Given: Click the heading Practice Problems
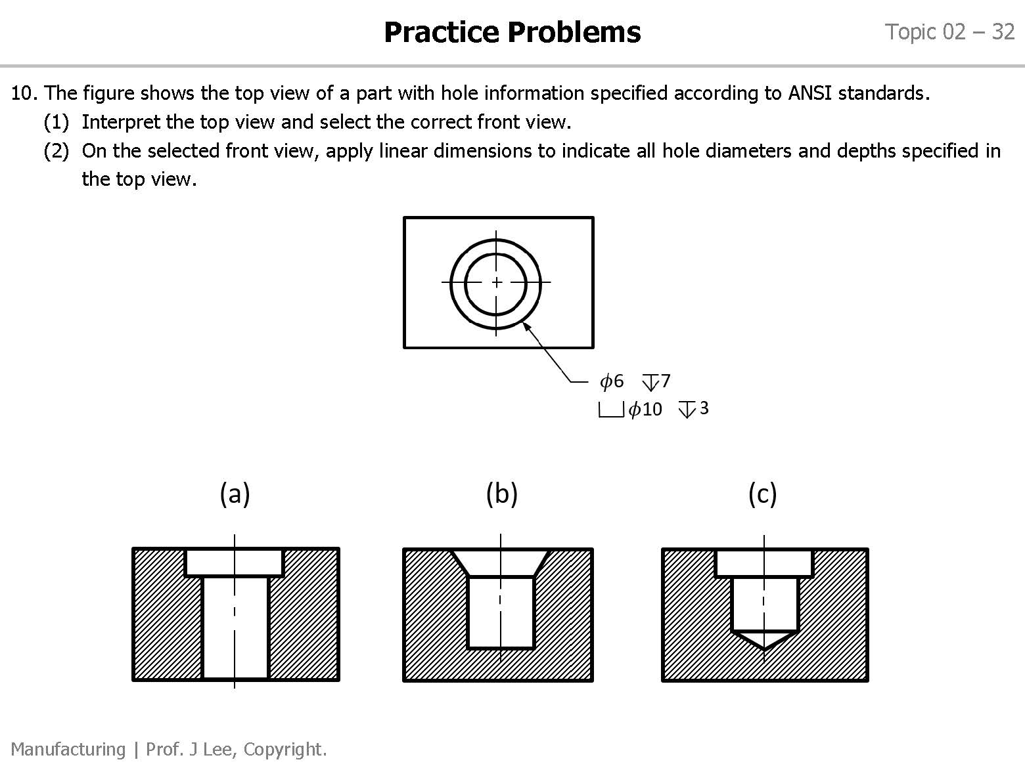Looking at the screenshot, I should pyautogui.click(x=512, y=32).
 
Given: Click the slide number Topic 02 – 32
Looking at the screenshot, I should pyautogui.click(x=949, y=32).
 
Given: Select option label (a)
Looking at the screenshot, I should pyautogui.click(x=235, y=494).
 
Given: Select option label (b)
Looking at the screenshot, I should pyautogui.click(x=501, y=494).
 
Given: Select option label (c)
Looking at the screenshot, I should pyautogui.click(x=762, y=494).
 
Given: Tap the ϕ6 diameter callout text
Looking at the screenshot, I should pyautogui.click(x=612, y=381).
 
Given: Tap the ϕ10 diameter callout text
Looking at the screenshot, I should pyautogui.click(x=645, y=410).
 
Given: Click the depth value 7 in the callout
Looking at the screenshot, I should pyautogui.click(x=666, y=381).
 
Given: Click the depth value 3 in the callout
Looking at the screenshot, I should pyautogui.click(x=704, y=408).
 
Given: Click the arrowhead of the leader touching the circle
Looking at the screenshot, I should pyautogui.click(x=526, y=326).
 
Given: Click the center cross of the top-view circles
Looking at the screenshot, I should pyautogui.click(x=497, y=282).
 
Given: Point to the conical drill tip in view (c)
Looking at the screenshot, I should pyautogui.click(x=764, y=640).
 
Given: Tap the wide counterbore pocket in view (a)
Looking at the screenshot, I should pyautogui.click(x=234, y=563).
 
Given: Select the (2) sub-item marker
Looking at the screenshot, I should pyautogui.click(x=56, y=151).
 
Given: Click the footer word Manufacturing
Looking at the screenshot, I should pyautogui.click(x=68, y=749).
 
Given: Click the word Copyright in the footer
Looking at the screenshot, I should pyautogui.click(x=291, y=749).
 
